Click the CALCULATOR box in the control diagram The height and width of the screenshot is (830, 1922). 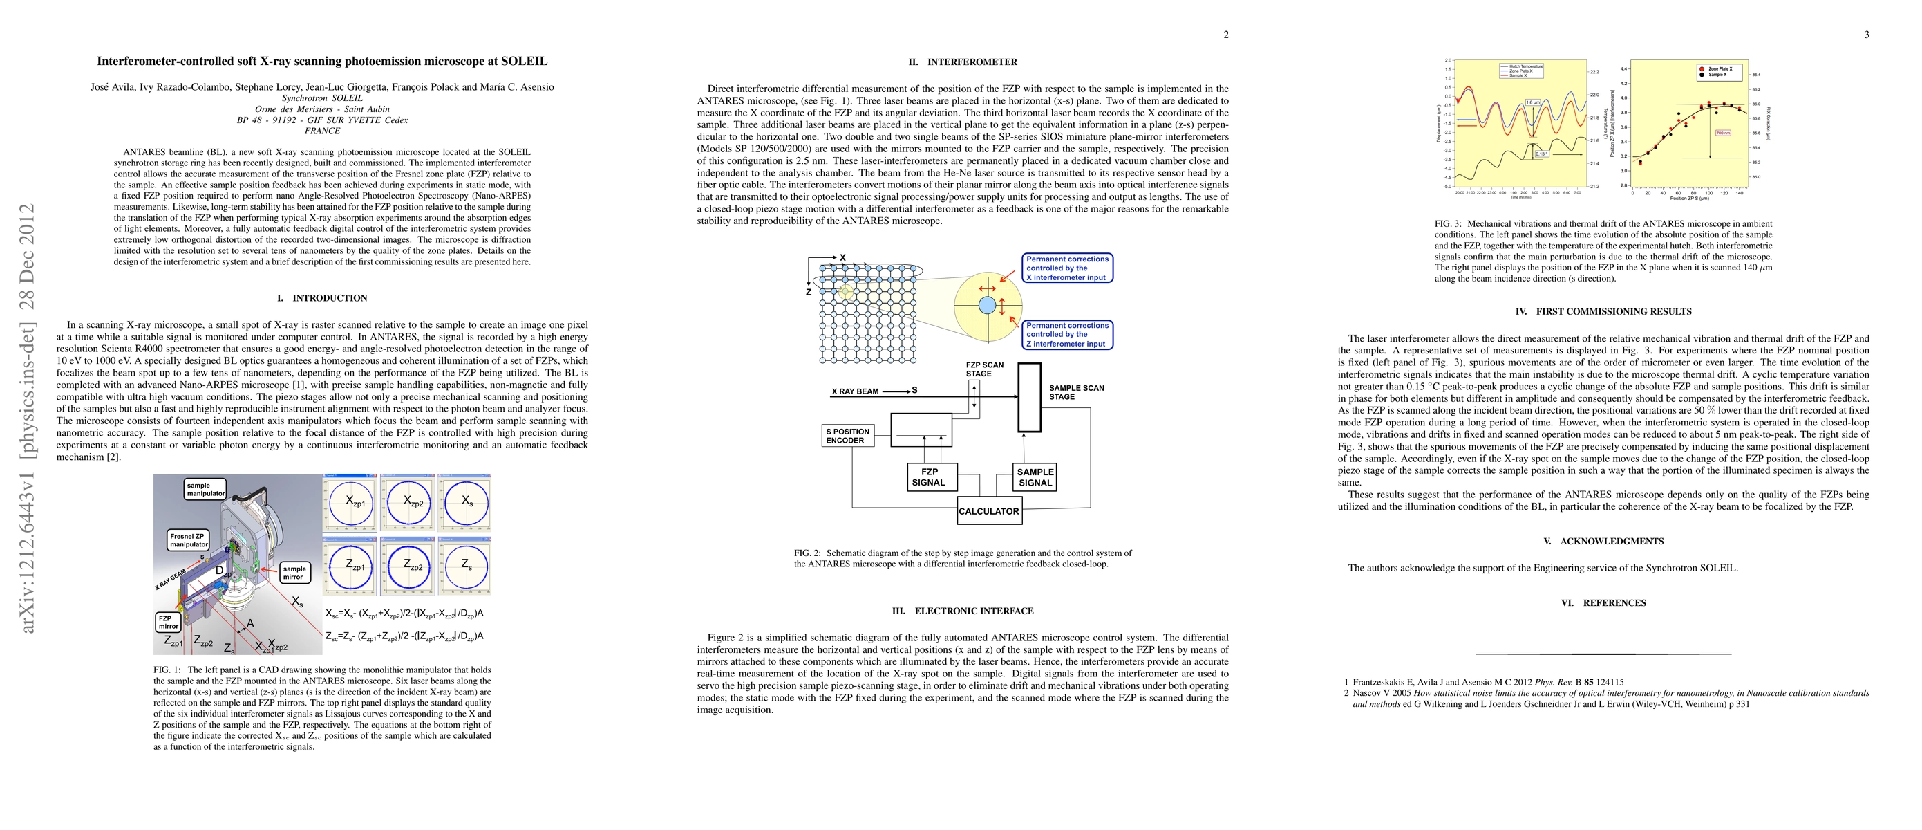(x=988, y=511)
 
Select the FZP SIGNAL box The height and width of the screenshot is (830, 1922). (x=929, y=477)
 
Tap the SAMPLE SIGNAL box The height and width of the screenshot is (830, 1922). (x=1035, y=477)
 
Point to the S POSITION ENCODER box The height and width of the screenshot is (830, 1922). (x=847, y=436)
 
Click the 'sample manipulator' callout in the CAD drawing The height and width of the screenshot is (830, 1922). (x=205, y=489)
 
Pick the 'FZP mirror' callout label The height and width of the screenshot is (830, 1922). (x=168, y=622)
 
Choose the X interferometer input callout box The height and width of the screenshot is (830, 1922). (x=1067, y=268)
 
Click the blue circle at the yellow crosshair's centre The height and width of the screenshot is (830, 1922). (x=987, y=305)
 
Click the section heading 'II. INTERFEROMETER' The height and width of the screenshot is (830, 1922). (x=963, y=62)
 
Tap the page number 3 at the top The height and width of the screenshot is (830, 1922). (x=1866, y=35)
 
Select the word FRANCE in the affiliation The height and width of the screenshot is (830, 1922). (x=322, y=131)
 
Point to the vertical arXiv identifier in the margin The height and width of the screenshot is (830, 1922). (x=28, y=418)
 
